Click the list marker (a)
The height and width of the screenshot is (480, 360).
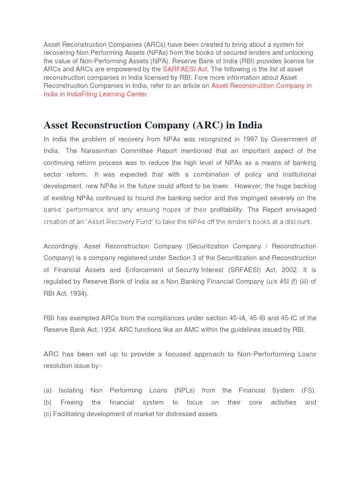(47, 390)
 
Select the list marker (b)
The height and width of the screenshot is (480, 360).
(47, 402)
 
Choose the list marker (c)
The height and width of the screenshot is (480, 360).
(47, 414)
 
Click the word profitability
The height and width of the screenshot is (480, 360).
(227, 210)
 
